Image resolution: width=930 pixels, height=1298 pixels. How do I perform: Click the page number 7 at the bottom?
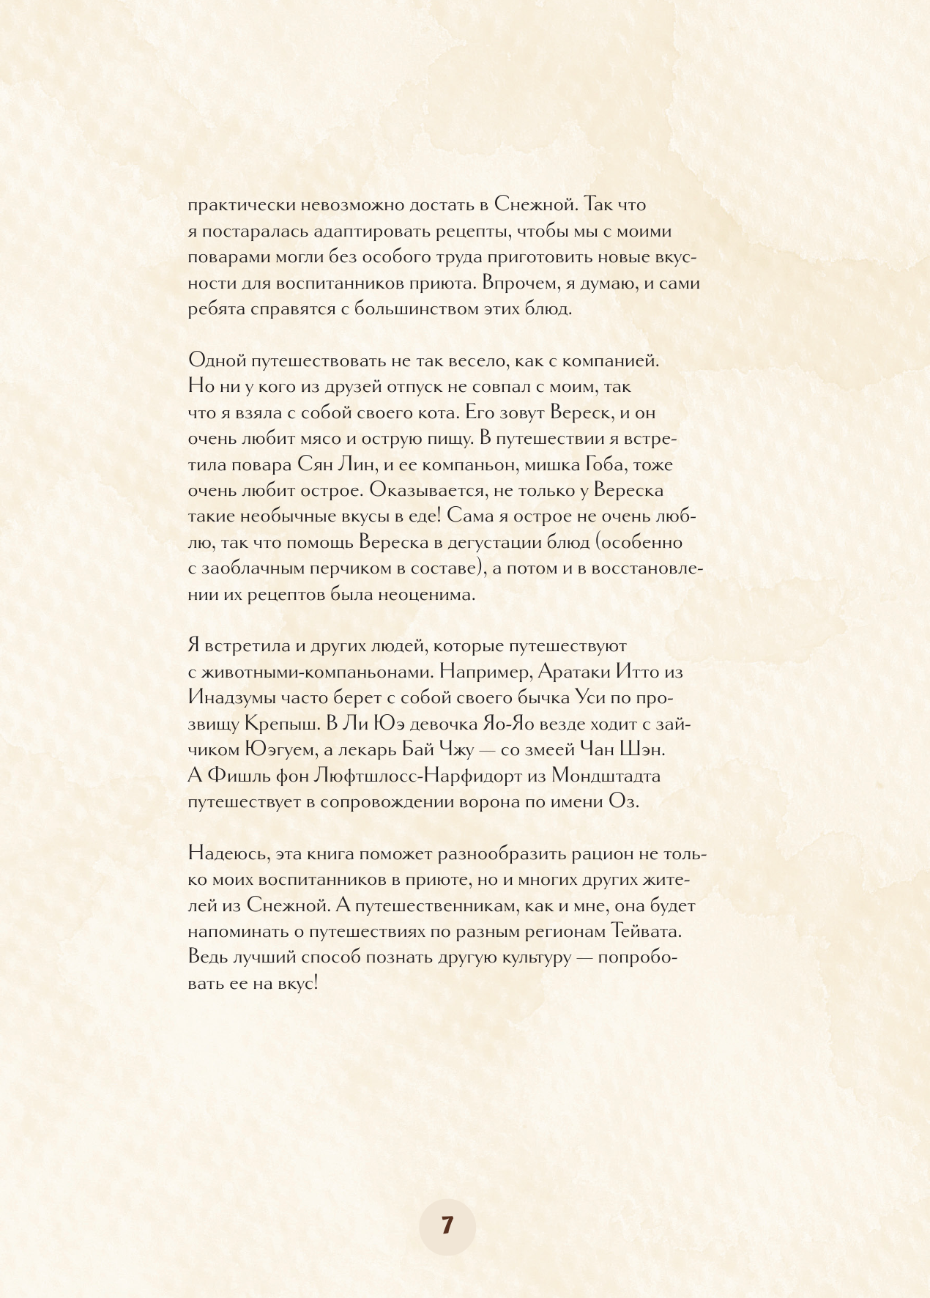(x=447, y=1225)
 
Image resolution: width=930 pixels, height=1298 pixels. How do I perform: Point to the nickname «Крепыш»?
(x=281, y=724)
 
